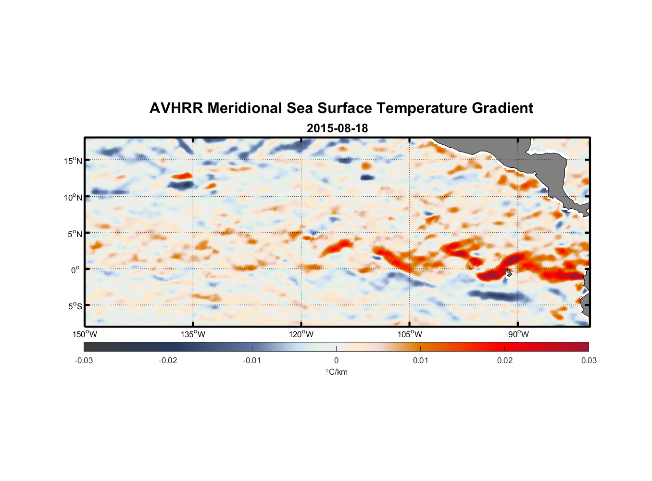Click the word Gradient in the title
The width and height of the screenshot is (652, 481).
502,108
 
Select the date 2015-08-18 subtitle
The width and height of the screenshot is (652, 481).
337,128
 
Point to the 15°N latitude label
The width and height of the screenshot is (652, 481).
73,161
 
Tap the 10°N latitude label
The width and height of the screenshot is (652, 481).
73,197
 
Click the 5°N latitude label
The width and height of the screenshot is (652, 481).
75,234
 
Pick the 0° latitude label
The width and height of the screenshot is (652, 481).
76,270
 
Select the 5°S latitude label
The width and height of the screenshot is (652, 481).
75,306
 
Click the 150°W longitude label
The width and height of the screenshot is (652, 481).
85,334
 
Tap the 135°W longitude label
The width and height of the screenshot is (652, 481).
193,334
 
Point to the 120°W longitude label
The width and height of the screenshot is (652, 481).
301,334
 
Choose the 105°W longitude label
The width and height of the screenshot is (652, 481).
410,334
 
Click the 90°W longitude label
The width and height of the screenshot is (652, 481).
518,334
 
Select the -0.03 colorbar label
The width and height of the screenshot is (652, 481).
84,360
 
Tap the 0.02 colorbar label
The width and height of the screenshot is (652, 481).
505,360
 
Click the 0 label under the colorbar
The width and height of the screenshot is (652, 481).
336,360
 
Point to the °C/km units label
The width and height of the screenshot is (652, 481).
337,372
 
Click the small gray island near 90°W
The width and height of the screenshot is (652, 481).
508,273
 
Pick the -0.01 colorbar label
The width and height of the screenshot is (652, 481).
252,360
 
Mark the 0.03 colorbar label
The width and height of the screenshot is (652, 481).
589,360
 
